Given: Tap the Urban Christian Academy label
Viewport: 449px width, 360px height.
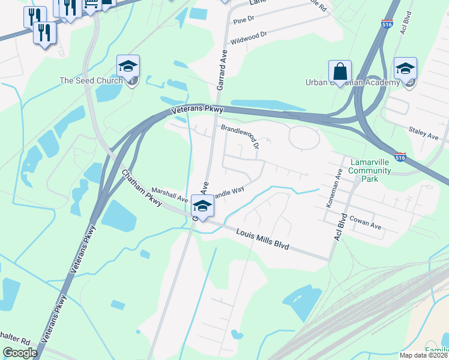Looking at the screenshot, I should coord(352,82).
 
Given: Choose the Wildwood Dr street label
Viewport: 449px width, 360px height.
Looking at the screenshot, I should coord(252,38).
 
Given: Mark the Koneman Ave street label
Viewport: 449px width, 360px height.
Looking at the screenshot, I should coord(334,187).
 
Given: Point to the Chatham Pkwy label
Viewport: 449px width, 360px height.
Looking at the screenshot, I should coord(142,188).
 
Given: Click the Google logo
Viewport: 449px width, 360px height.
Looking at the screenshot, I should coord(20,353).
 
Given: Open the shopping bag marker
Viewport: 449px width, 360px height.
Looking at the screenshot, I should coord(340,72).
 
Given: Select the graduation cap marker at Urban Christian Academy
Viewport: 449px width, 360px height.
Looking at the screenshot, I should coord(405,70).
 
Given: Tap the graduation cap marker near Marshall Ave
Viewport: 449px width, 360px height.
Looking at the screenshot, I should coord(203,208).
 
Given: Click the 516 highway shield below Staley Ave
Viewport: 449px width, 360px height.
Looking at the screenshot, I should coord(401,157).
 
